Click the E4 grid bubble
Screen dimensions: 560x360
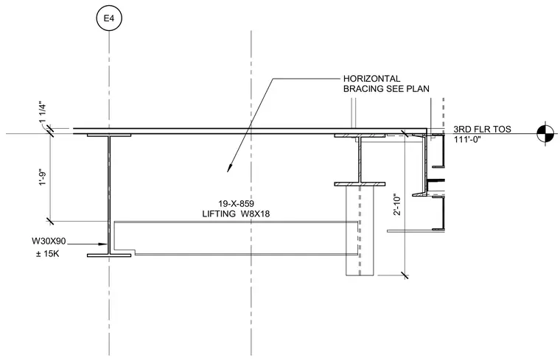click(x=109, y=18)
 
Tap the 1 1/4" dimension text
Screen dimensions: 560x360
click(x=43, y=113)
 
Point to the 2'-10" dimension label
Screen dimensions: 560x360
click(x=397, y=205)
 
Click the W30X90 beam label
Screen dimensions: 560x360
click(x=49, y=241)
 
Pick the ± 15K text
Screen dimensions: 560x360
click(x=47, y=254)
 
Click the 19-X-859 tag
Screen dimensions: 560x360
click(x=236, y=204)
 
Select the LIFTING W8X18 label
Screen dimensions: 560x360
click(x=236, y=213)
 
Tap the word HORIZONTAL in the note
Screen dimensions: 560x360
click(x=372, y=79)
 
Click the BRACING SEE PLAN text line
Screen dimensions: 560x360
click(x=386, y=88)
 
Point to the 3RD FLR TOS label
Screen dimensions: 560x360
click(x=483, y=129)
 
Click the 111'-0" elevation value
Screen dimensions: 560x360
click(x=467, y=139)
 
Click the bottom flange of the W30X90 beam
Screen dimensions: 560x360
click(x=109, y=255)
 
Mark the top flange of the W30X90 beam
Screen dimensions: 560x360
click(x=109, y=135)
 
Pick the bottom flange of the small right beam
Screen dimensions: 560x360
click(x=360, y=184)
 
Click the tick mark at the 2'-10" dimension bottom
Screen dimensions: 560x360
click(x=405, y=275)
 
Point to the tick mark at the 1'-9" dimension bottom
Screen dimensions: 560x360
click(x=50, y=221)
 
